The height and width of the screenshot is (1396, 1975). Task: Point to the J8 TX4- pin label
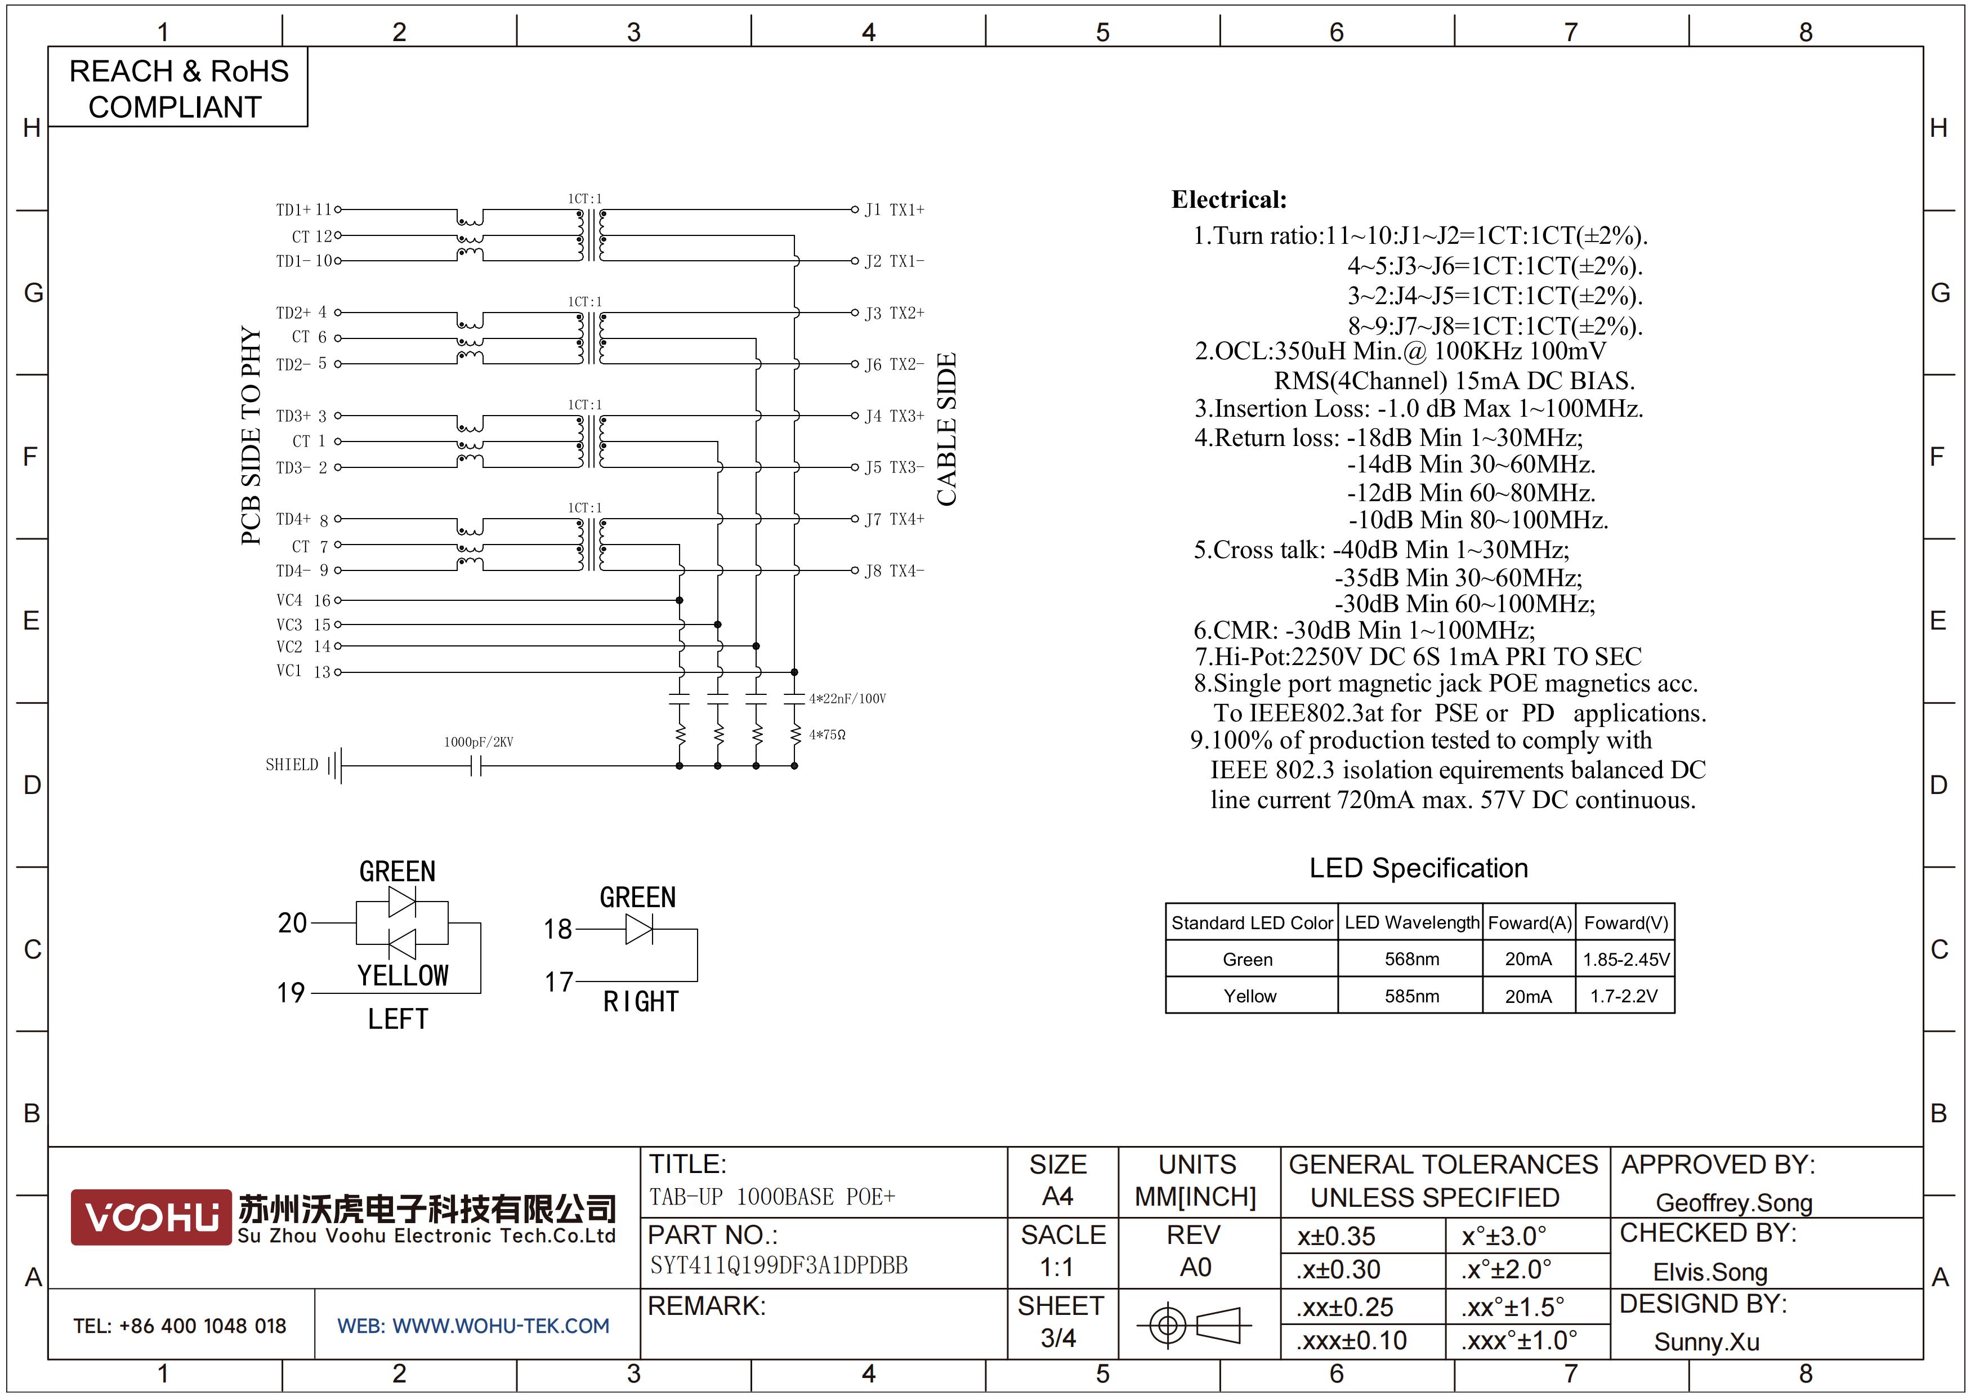point(895,571)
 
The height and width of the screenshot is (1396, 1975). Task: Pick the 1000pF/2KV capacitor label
point(478,742)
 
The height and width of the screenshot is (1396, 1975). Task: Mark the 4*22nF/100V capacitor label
point(847,698)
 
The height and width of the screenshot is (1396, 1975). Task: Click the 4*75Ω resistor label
point(828,734)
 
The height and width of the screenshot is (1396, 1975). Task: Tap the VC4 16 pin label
point(303,600)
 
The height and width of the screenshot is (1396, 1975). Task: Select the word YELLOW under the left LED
point(403,975)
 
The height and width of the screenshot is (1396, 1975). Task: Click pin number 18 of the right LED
point(557,929)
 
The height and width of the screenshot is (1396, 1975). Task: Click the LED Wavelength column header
point(1411,923)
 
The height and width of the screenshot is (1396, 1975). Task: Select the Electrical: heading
point(1229,199)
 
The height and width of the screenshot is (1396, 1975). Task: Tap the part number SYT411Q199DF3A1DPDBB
point(779,1265)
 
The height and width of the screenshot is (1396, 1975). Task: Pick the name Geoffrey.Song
point(1734,1203)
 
